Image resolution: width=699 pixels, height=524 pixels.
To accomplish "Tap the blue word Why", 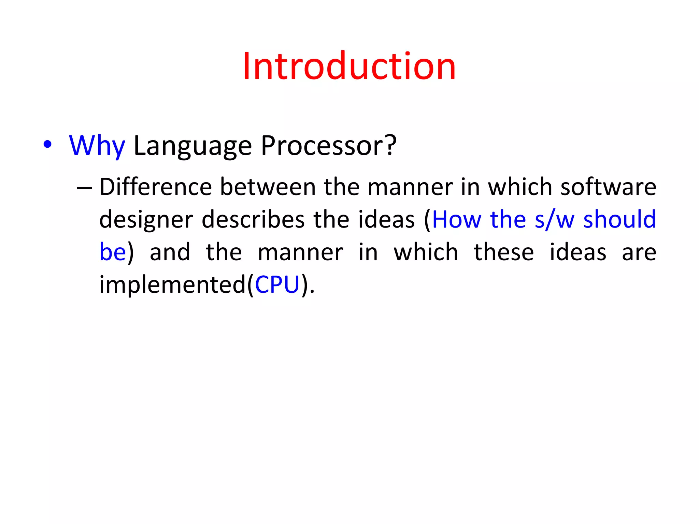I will tap(97, 146).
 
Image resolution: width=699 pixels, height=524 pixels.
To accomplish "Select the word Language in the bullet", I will tap(192, 147).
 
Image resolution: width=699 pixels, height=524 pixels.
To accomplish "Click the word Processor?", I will tap(328, 146).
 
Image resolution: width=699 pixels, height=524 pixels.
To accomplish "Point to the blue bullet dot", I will tap(47, 145).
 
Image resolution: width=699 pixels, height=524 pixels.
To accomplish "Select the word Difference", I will tap(156, 187).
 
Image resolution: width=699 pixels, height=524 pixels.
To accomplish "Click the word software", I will tap(608, 187).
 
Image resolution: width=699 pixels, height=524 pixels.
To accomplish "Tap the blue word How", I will tap(457, 220).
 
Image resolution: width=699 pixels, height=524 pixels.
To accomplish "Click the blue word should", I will tap(619, 220).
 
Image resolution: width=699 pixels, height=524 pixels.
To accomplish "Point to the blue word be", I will tap(113, 252).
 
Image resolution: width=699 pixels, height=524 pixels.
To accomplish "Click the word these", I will tap(503, 252).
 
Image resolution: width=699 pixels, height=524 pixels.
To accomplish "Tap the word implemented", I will tap(172, 285).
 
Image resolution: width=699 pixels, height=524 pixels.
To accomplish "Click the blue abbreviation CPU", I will tap(277, 285).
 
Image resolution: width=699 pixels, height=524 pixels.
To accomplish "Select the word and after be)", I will tap(170, 252).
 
